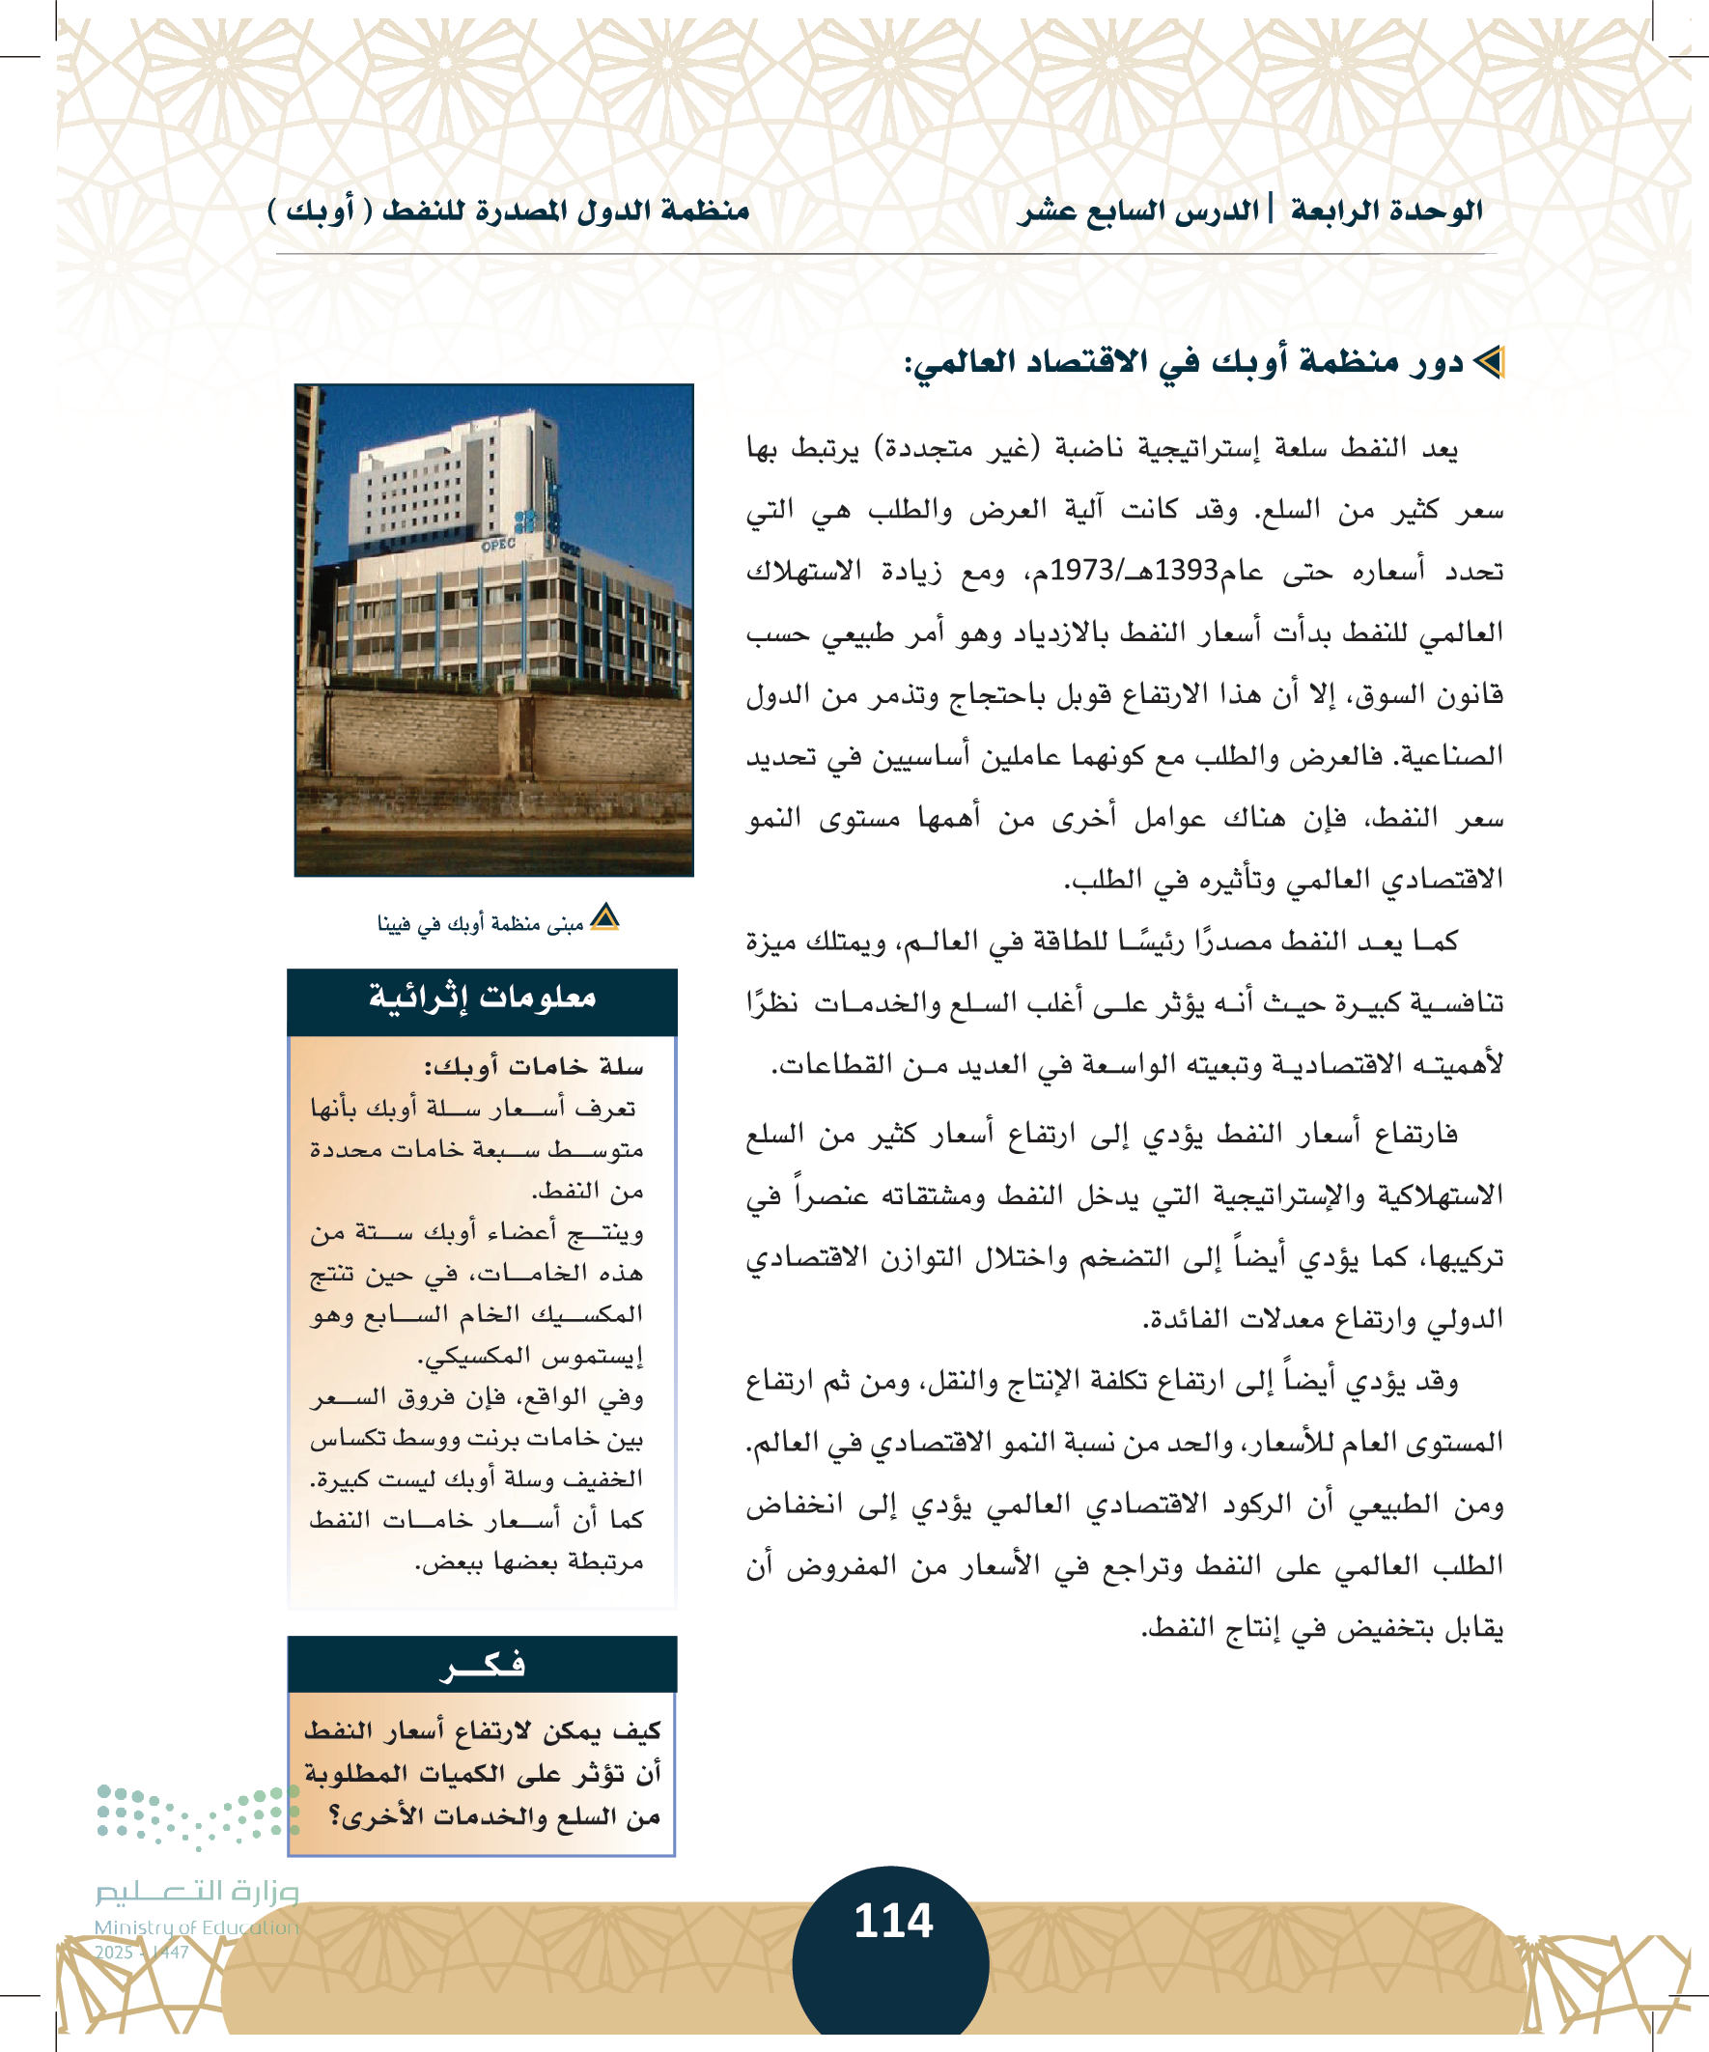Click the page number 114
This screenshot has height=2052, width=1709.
click(893, 1921)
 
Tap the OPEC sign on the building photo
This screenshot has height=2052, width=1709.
click(498, 545)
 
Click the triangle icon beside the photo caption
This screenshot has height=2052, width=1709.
click(605, 917)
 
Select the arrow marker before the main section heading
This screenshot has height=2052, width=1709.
click(1488, 363)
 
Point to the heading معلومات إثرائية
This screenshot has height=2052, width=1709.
click(482, 998)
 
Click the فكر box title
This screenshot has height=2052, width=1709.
click(482, 1664)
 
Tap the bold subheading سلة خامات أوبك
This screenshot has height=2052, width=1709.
click(533, 1066)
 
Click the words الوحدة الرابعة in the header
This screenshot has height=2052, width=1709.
click(1387, 211)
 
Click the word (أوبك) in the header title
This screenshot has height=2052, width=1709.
click(312, 211)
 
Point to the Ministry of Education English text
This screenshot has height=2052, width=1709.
click(196, 1926)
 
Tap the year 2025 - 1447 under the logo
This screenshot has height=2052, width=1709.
click(141, 1953)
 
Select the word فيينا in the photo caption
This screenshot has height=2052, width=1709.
click(395, 923)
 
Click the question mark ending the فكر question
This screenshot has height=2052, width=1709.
click(336, 1816)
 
